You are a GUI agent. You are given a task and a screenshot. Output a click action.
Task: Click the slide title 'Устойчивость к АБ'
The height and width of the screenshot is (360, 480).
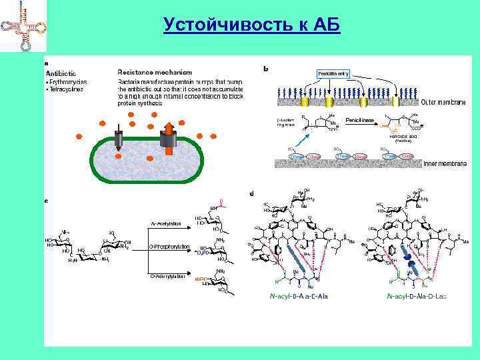251,25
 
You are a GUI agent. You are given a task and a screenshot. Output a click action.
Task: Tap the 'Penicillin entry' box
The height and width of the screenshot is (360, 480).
333,73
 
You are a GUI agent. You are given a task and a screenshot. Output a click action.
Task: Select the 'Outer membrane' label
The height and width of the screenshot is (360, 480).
443,102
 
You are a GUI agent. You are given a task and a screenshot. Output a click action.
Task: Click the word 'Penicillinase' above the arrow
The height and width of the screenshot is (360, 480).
359,120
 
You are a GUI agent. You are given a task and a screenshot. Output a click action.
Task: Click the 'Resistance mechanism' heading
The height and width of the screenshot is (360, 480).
155,72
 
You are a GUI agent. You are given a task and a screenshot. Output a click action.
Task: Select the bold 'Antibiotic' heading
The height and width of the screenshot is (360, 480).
61,73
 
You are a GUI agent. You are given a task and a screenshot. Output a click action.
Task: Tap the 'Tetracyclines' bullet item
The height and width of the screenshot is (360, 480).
65,89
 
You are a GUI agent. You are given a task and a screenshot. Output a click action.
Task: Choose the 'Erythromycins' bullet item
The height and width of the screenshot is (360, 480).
67,81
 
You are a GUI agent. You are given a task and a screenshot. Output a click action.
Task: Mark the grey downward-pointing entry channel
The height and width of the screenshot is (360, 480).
119,137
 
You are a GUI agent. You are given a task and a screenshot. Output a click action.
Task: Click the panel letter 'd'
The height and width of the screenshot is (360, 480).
251,194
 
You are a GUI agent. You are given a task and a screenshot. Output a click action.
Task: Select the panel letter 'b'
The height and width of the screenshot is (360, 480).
267,68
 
